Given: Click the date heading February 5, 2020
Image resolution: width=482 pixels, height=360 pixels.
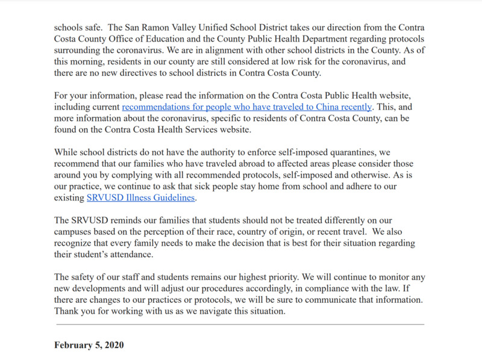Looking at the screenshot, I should (89, 346).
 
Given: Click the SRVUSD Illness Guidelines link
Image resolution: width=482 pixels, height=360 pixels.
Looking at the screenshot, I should (142, 197).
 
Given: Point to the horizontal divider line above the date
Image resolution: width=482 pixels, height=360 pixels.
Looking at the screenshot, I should (240, 324).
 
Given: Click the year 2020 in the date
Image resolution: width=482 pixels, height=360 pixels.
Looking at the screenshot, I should (113, 346).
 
